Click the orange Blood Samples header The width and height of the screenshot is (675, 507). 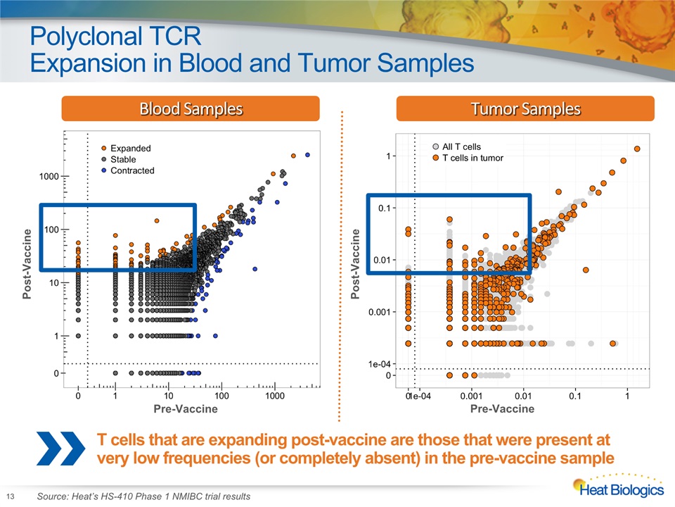[x=191, y=108]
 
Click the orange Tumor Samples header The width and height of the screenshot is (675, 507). [x=525, y=108]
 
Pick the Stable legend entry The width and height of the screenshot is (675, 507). [x=119, y=160]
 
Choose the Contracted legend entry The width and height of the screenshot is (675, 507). [x=128, y=170]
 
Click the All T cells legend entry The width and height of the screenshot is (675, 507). [x=457, y=146]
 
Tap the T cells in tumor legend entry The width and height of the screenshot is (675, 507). [x=468, y=158]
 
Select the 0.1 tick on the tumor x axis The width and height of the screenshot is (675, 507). [x=574, y=396]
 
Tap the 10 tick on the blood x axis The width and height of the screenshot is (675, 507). [x=168, y=396]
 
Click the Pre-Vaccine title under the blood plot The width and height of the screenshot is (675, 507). [x=186, y=408]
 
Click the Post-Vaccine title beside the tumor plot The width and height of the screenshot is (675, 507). [x=355, y=264]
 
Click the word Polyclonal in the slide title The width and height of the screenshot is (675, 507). [x=86, y=36]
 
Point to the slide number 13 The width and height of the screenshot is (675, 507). [x=11, y=496]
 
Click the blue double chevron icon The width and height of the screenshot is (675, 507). [x=60, y=449]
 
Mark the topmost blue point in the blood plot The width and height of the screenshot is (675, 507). [x=307, y=155]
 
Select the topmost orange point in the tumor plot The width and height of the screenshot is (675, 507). [x=637, y=149]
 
